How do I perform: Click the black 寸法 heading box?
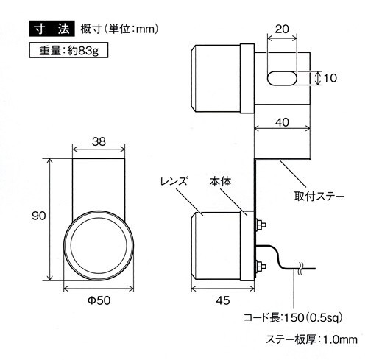[x=52, y=29]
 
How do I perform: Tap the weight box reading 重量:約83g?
[x=68, y=50]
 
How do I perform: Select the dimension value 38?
[x=99, y=141]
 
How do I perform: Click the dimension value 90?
[x=39, y=216]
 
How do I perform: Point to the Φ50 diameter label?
[x=99, y=300]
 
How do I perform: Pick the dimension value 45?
[x=223, y=300]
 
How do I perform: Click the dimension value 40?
[x=282, y=122]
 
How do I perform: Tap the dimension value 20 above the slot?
[x=282, y=29]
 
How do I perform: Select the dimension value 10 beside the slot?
[x=330, y=78]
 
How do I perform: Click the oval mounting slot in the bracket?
[x=282, y=78]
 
